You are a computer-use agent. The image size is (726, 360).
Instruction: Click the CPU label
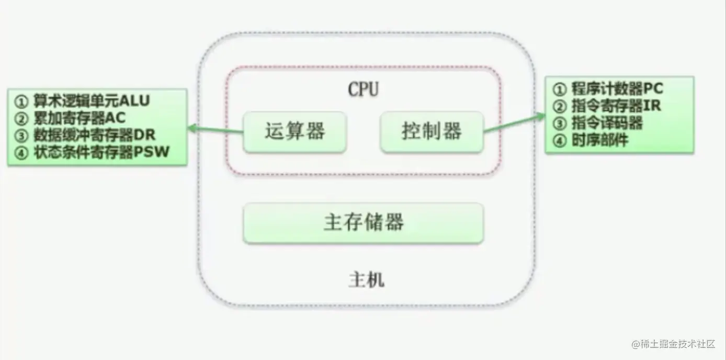[363, 89]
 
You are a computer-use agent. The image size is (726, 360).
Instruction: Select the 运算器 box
[295, 132]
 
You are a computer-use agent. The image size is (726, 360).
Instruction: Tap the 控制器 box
[432, 132]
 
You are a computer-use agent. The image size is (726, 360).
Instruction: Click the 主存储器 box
[364, 223]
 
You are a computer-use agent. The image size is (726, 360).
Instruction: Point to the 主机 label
[367, 280]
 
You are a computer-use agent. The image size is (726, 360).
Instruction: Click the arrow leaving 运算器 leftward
[215, 129]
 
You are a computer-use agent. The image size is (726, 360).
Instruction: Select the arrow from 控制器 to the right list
[514, 123]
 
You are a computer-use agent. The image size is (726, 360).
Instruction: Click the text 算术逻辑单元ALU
[92, 101]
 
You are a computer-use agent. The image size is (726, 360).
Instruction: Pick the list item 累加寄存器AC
[80, 118]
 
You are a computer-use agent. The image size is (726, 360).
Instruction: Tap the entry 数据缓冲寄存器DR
[95, 135]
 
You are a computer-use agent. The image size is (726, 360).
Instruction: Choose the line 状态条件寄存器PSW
[101, 152]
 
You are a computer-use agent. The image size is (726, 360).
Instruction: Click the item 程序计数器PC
[617, 88]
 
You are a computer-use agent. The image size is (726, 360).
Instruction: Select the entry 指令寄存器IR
[616, 106]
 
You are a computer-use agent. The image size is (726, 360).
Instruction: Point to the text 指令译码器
[607, 123]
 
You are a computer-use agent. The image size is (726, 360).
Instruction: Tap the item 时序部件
[600, 140]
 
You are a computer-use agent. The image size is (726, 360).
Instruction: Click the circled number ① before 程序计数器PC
[560, 89]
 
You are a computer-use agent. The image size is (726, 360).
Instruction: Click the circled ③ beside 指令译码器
[560, 124]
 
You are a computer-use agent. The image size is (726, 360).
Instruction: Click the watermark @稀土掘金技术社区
[673, 344]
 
